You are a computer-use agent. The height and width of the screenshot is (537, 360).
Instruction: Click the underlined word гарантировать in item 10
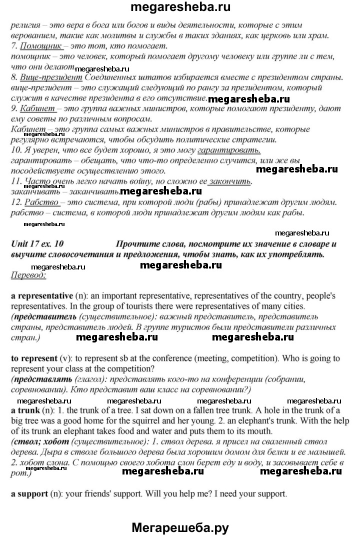pyautogui.click(x=229, y=149)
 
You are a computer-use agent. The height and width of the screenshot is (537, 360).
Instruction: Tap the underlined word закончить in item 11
pyautogui.click(x=230, y=181)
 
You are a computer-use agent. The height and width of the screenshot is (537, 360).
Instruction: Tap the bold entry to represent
pyautogui.click(x=34, y=358)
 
